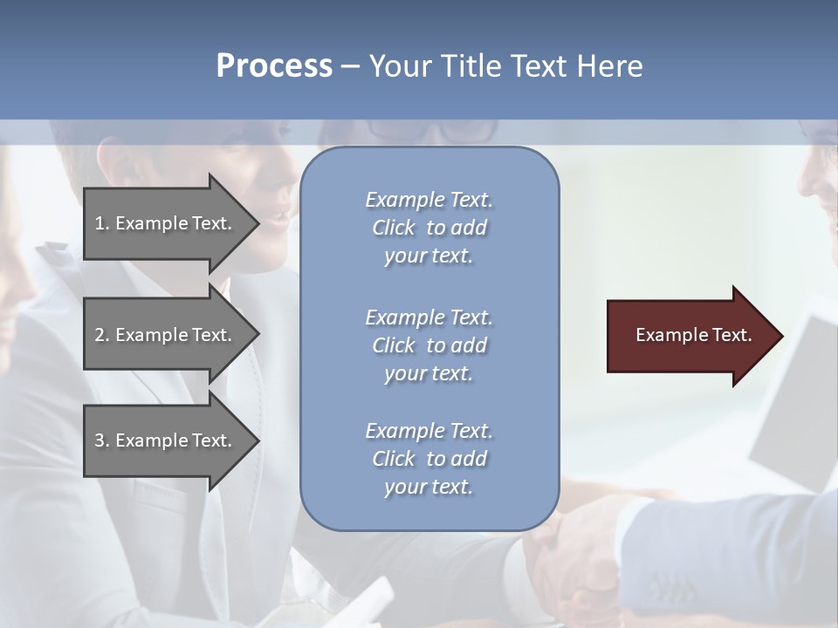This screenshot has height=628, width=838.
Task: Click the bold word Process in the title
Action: [x=274, y=66]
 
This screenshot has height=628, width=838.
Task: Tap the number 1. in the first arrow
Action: [x=102, y=223]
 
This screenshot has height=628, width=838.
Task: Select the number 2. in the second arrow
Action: [x=102, y=335]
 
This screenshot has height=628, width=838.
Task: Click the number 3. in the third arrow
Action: [x=102, y=440]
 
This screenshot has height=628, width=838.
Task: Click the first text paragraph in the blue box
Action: [x=429, y=228]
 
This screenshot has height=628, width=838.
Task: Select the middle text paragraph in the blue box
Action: [x=429, y=345]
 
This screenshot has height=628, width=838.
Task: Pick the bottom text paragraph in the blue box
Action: [x=429, y=459]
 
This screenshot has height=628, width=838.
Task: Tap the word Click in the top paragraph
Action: [x=394, y=228]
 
